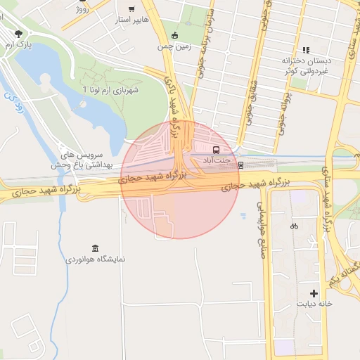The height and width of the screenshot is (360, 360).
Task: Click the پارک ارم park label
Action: click(x=19, y=45)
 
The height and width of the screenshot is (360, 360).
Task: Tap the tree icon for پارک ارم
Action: click(x=18, y=33)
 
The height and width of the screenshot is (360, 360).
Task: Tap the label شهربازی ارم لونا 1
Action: click(x=111, y=90)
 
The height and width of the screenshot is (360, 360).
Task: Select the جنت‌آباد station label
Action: click(x=217, y=161)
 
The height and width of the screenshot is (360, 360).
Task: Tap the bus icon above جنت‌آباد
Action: click(x=216, y=150)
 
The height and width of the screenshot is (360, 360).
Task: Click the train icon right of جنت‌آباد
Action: click(x=241, y=166)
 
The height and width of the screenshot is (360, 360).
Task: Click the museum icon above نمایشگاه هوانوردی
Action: click(x=95, y=247)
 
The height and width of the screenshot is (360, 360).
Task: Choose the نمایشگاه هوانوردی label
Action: click(x=96, y=259)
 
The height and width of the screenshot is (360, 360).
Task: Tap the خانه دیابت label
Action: click(x=314, y=304)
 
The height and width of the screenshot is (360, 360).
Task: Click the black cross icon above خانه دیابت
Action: click(x=314, y=292)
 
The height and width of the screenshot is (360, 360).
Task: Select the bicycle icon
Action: click(x=294, y=226)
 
